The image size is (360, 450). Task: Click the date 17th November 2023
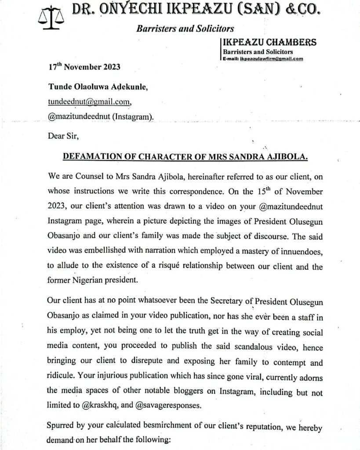click(84, 68)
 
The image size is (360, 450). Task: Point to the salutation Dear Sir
click(63, 135)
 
